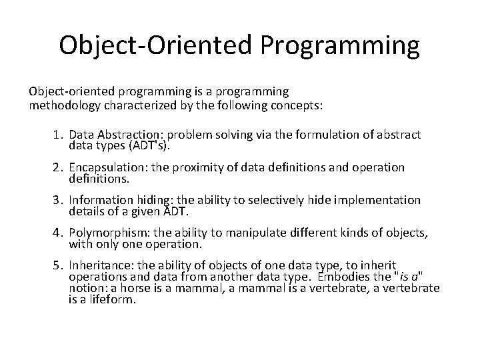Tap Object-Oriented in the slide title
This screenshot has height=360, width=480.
[154, 45]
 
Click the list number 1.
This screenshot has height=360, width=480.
[58, 135]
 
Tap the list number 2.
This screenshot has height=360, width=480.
[58, 168]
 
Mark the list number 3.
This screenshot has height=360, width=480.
[58, 201]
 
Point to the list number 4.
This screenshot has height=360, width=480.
[58, 233]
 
